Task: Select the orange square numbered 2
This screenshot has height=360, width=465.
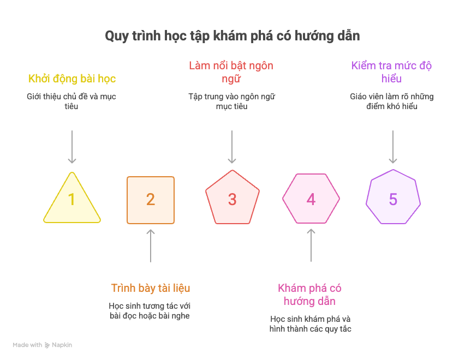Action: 151,200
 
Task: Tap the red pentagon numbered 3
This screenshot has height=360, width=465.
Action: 233,198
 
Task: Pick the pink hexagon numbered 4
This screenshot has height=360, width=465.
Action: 311,199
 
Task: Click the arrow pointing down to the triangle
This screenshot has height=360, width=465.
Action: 72,147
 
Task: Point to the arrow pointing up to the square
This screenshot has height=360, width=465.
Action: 151,245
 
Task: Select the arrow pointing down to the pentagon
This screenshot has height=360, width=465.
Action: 232,147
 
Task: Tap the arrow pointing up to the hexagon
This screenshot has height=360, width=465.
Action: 311,245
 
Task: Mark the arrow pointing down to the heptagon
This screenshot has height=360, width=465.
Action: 393,147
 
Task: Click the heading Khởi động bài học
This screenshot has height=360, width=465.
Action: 72,79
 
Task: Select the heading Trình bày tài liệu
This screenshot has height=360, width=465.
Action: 151,288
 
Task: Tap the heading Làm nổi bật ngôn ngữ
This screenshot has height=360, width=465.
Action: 231,73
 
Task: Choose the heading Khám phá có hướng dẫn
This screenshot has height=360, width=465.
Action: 309,295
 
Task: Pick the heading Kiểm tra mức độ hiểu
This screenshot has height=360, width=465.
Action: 391,73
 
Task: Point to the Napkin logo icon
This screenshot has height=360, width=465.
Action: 47,345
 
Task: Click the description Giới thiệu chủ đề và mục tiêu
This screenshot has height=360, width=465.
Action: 71,101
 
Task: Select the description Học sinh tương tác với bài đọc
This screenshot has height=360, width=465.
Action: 150,311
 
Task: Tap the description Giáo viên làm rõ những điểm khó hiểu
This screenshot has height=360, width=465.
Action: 392,101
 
